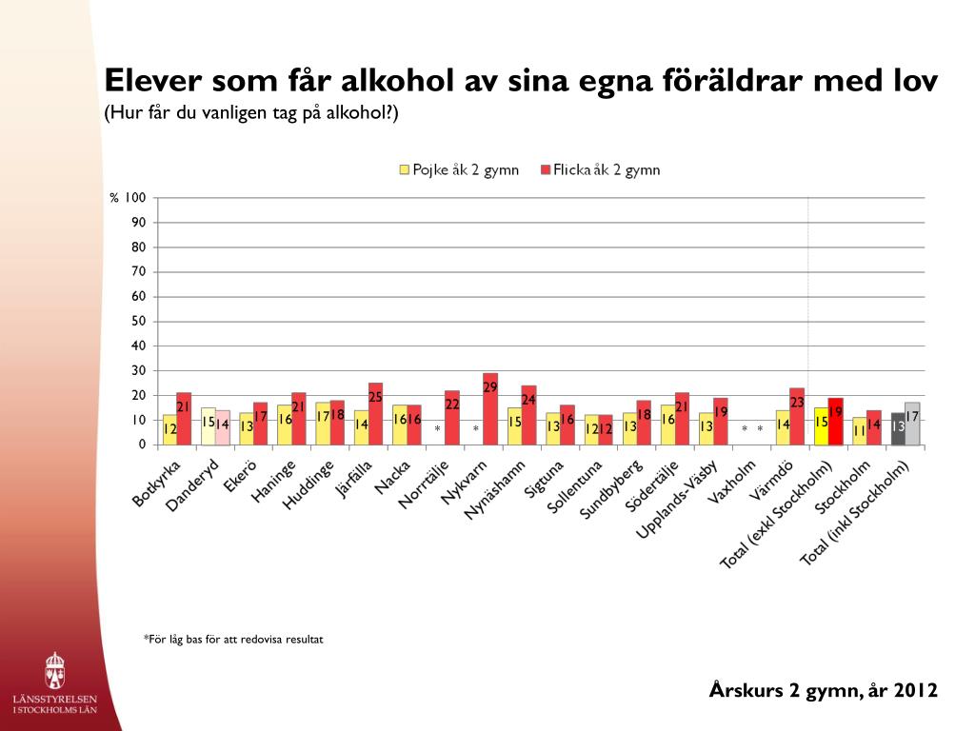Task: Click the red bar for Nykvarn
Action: pyautogui.click(x=490, y=409)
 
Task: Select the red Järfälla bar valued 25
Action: pyautogui.click(x=375, y=414)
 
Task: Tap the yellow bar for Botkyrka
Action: pyautogui.click(x=169, y=429)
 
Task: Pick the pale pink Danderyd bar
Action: pyautogui.click(x=223, y=427)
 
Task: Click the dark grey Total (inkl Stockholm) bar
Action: pyautogui.click(x=898, y=429)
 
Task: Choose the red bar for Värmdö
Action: pyautogui.click(x=797, y=417)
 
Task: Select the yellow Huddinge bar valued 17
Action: pyautogui.click(x=324, y=424)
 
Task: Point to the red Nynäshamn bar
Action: pyautogui.click(x=529, y=415)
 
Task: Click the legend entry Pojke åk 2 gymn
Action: pyautogui.click(x=459, y=169)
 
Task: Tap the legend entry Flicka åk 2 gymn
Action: pyautogui.click(x=600, y=169)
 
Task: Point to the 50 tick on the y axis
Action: pyautogui.click(x=139, y=321)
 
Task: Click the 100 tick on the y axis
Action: pyautogui.click(x=135, y=198)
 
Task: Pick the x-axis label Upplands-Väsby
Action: pyautogui.click(x=677, y=499)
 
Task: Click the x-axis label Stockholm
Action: pyautogui.click(x=843, y=487)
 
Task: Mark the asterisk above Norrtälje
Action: pyautogui.click(x=438, y=428)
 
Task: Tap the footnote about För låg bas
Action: pyautogui.click(x=233, y=639)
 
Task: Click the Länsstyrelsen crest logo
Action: pyautogui.click(x=54, y=671)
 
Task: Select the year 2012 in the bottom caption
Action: pyautogui.click(x=915, y=690)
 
